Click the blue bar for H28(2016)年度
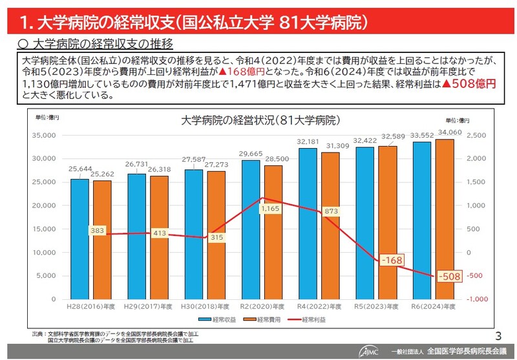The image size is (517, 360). click(79, 238)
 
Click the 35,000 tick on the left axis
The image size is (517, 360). click(43, 135)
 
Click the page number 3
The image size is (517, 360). click(497, 335)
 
